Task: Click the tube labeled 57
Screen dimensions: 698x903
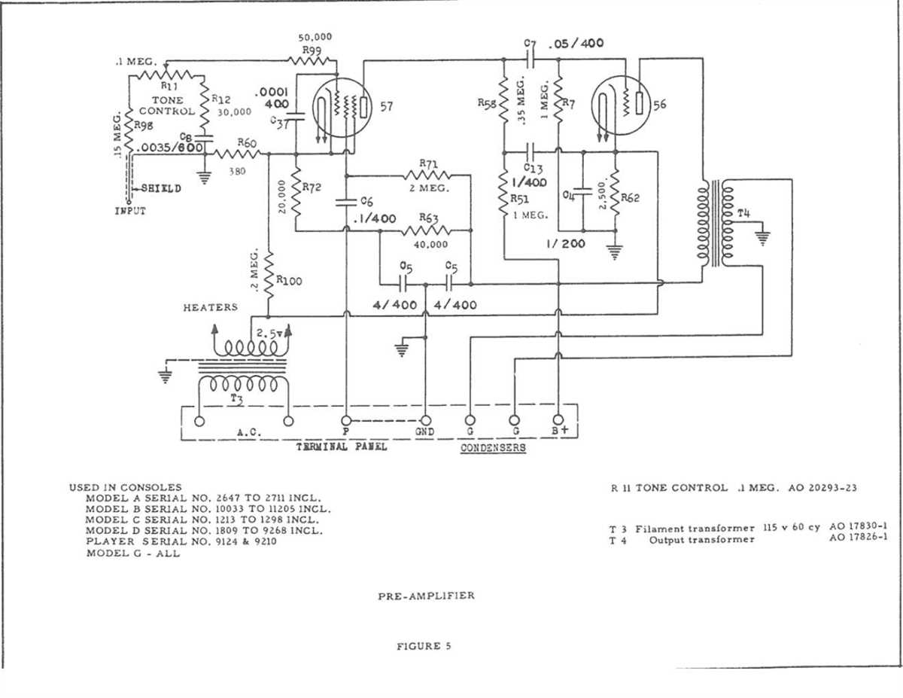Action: pyautogui.click(x=343, y=108)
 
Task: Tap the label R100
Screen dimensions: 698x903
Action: pyautogui.click(x=289, y=280)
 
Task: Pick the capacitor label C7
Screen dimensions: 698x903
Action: pyautogui.click(x=529, y=45)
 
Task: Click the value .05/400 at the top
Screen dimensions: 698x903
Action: pyautogui.click(x=576, y=44)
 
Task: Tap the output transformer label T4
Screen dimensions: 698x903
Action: pyautogui.click(x=743, y=213)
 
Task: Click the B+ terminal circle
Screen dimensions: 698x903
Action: pyautogui.click(x=558, y=420)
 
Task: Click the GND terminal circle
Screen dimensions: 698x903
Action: pyautogui.click(x=426, y=420)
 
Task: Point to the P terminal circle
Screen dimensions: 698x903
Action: pyautogui.click(x=345, y=420)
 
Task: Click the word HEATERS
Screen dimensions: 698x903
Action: pyautogui.click(x=210, y=307)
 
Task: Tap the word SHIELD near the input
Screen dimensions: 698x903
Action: pyautogui.click(x=160, y=188)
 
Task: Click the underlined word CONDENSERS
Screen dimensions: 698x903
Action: pyautogui.click(x=493, y=447)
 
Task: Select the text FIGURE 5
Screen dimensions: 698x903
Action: pyautogui.click(x=424, y=646)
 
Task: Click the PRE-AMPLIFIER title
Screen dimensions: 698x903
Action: pyautogui.click(x=426, y=596)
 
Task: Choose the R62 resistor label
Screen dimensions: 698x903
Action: pyautogui.click(x=631, y=198)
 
